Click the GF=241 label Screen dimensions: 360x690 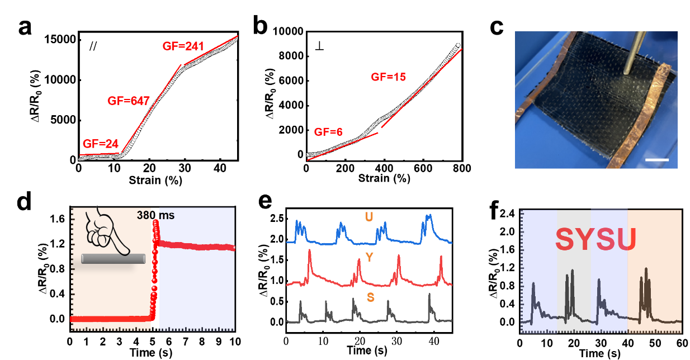[x=183, y=46]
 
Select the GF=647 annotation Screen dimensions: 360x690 [x=129, y=101]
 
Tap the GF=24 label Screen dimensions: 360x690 [x=101, y=144]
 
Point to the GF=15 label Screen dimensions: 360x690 [x=388, y=77]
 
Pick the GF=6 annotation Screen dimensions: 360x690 [x=328, y=132]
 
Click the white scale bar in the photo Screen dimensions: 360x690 [x=656, y=160]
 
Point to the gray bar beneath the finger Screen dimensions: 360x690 [x=114, y=258]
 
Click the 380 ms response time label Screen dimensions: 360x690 [x=155, y=215]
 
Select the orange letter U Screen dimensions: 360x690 [x=369, y=216]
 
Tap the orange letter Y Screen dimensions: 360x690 [x=369, y=257]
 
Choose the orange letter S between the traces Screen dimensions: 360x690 [x=370, y=297]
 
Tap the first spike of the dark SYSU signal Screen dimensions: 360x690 [x=533, y=284]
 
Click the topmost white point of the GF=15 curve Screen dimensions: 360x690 [x=458, y=45]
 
